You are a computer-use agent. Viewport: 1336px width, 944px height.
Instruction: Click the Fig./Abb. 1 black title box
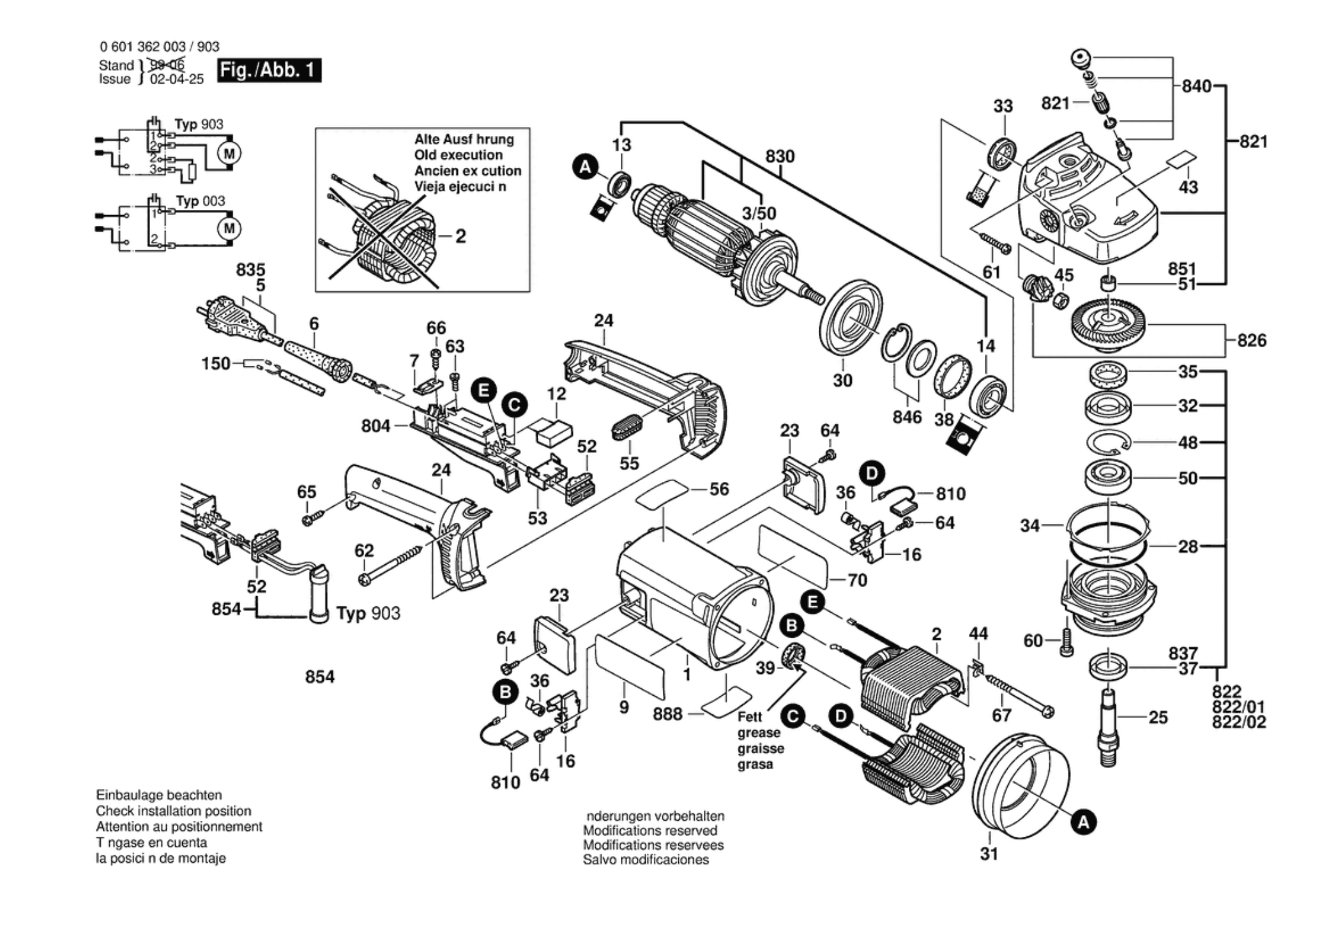[x=269, y=70]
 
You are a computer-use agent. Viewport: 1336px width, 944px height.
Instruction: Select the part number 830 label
[x=780, y=156]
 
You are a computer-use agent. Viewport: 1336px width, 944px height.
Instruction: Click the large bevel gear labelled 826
[x=1107, y=324]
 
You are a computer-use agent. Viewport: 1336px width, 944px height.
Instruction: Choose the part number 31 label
[x=989, y=853]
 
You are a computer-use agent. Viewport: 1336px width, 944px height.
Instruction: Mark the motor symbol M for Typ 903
[x=229, y=153]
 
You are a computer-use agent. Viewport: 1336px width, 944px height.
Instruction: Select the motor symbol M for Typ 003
[x=229, y=229]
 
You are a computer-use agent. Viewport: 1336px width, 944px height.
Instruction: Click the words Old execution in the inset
[x=458, y=155]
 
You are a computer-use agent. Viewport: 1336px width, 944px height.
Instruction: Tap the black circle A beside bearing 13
[x=584, y=168]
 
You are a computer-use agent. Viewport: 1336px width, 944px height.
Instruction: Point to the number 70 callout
[x=857, y=580]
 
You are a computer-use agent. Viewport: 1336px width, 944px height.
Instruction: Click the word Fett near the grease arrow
[x=750, y=717]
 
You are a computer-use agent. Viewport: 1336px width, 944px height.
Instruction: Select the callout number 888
[x=667, y=714]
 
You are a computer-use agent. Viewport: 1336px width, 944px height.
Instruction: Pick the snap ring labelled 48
[x=1109, y=442]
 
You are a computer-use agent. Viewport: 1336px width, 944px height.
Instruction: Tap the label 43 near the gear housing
[x=1188, y=187]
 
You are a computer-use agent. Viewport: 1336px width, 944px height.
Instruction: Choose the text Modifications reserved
[x=650, y=830]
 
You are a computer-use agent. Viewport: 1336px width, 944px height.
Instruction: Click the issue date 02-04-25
[x=177, y=79]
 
